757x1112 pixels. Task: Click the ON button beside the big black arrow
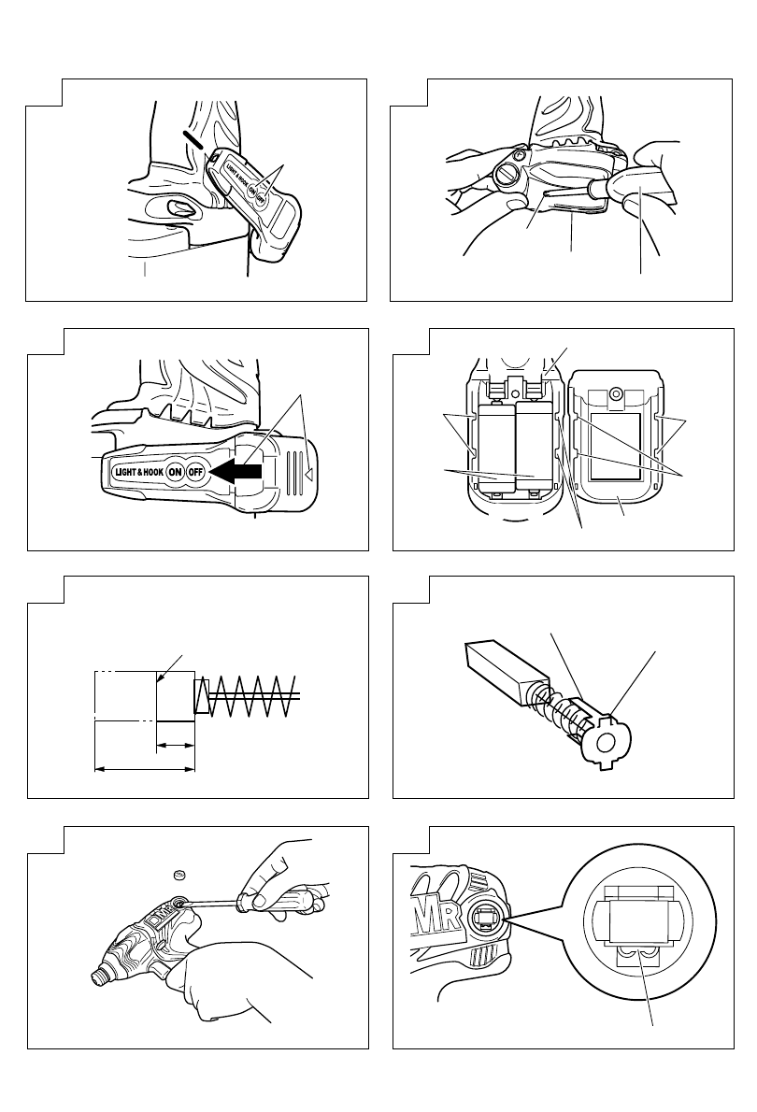pyautogui.click(x=175, y=471)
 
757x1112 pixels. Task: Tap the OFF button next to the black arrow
pyautogui.click(x=195, y=471)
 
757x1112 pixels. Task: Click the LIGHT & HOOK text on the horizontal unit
pyautogui.click(x=137, y=472)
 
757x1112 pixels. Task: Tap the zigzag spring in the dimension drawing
pyautogui.click(x=250, y=697)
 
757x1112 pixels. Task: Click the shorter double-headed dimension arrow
pyautogui.click(x=175, y=745)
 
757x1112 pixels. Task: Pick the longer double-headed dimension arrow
pyautogui.click(x=145, y=770)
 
